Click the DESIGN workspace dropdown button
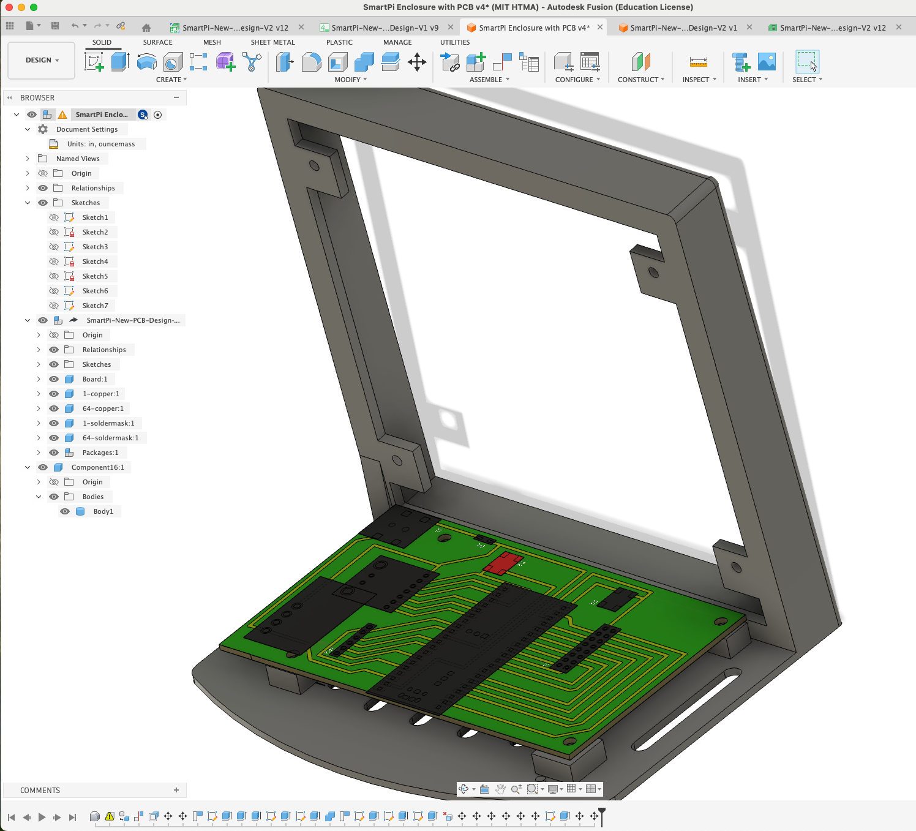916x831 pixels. click(42, 60)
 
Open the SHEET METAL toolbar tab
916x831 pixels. click(272, 42)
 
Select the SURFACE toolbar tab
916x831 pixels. click(157, 42)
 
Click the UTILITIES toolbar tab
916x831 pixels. click(455, 42)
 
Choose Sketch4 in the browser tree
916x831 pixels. click(95, 261)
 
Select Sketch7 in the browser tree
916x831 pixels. click(95, 306)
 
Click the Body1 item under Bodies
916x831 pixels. click(103, 511)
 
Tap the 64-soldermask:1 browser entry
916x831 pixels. click(110, 438)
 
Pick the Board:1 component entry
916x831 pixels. click(95, 379)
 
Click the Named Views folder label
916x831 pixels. click(78, 159)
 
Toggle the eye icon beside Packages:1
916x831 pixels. click(54, 453)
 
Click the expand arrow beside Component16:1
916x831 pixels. click(28, 467)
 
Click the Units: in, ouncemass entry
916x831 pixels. click(101, 144)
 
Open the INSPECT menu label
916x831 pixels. click(696, 80)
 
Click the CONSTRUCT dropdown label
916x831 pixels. click(640, 80)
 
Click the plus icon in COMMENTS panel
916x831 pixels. click(176, 790)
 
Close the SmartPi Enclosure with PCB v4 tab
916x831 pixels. click(600, 27)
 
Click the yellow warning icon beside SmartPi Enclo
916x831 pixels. click(62, 115)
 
